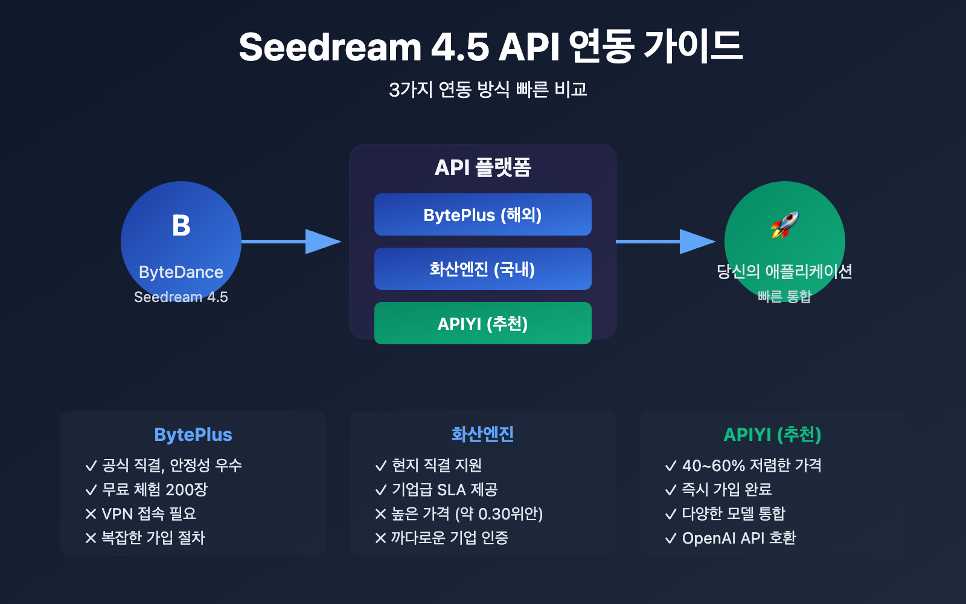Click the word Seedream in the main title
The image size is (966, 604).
330,48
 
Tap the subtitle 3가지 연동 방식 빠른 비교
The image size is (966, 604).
488,90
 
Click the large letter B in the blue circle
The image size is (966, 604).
181,226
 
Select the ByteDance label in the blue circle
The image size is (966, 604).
181,272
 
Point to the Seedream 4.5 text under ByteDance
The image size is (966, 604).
181,297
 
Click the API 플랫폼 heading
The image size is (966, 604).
482,168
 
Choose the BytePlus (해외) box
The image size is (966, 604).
482,215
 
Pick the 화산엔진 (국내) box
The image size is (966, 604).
482,269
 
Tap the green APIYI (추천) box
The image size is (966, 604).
482,324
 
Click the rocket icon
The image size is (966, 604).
784,225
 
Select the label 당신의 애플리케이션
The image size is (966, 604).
784,271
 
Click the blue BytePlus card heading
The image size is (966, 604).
193,435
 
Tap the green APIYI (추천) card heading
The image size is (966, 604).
772,435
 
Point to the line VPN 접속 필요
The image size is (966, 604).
149,514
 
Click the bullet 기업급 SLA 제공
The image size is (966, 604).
444,490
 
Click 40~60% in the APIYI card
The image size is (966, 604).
713,466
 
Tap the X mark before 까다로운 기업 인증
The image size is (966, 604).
380,538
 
